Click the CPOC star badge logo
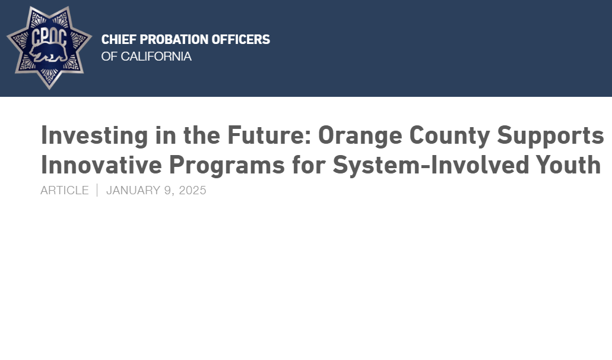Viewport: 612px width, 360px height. coord(49,48)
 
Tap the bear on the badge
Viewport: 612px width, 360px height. coord(49,53)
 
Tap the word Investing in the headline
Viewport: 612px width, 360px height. coord(94,135)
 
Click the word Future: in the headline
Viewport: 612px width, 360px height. coord(269,135)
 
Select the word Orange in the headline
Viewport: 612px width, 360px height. coord(360,135)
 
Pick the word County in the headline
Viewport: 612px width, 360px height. coord(449,135)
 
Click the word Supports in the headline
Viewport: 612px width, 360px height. coord(551,135)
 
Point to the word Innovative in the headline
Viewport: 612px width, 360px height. coord(102,165)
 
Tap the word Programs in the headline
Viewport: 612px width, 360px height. coord(227,165)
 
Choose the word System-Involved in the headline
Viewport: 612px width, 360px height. coord(430,165)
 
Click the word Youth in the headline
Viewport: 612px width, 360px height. coord(568,165)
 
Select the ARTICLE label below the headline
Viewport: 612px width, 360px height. coord(65,190)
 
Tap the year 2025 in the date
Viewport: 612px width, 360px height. coord(192,190)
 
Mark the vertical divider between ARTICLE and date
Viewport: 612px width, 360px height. coord(97,190)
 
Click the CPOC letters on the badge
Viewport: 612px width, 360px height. coord(49,37)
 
